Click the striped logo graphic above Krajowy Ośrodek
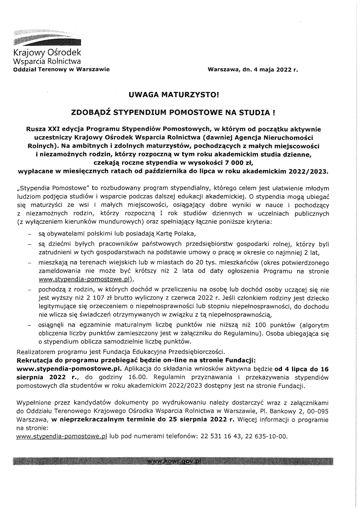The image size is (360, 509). tap(47, 38)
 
